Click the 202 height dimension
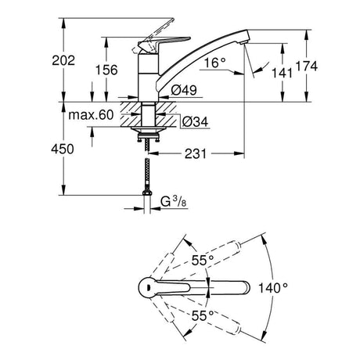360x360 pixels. pos(63,60)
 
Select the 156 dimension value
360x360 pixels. pos(106,70)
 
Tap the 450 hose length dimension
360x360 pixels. pos(63,149)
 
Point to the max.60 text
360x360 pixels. pos(91,115)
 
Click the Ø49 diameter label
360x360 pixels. pos(184,90)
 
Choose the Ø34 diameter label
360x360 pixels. pos(195,121)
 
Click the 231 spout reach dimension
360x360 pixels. pos(196,153)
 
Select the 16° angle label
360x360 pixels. pos(214,63)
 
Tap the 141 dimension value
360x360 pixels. pos(282,73)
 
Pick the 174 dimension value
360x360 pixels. pos(307,66)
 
